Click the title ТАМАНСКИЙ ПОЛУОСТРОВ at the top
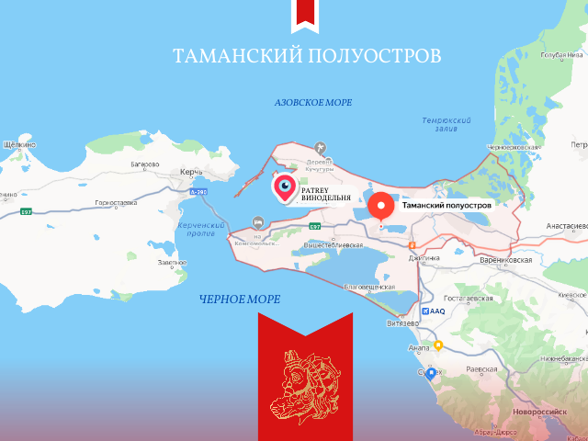(x=307, y=55)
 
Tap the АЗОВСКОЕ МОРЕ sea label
(x=313, y=102)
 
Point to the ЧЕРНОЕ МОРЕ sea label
(x=240, y=300)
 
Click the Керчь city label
(x=191, y=174)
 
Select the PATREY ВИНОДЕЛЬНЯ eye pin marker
(x=286, y=188)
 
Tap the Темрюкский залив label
(x=447, y=125)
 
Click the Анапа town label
(x=416, y=347)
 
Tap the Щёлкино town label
(x=19, y=145)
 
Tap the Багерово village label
(x=145, y=165)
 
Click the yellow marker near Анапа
(x=438, y=345)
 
